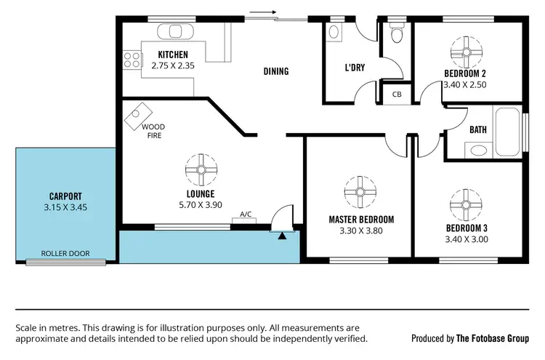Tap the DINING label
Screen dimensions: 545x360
tap(276, 71)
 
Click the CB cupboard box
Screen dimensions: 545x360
tap(397, 95)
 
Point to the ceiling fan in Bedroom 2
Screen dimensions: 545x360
tap(464, 50)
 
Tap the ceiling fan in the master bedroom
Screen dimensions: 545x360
tap(359, 192)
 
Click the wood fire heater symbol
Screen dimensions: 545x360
tap(139, 115)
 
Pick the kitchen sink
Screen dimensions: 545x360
tap(174, 32)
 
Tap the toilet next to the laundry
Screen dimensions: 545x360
tap(397, 34)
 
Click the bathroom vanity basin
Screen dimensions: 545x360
tap(477, 151)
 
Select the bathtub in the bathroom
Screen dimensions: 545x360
tap(506, 133)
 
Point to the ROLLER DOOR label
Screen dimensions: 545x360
tap(65, 254)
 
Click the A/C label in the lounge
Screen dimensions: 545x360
tap(247, 215)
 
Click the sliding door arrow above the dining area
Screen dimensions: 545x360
tap(263, 12)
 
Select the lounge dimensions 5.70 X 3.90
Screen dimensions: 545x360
tap(200, 206)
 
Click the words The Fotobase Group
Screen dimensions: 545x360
tap(492, 338)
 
